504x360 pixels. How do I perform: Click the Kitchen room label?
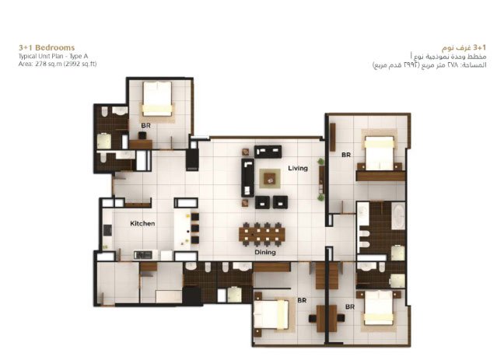pos(142,223)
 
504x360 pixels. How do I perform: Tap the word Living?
pos(298,168)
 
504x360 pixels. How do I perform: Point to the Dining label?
pos(265,253)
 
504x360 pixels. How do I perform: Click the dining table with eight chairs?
pos(262,234)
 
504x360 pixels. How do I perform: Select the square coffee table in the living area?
pos(270,178)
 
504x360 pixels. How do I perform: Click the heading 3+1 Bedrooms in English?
pos(47,48)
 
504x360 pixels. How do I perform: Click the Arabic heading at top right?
pos(464,48)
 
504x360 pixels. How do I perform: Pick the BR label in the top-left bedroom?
pos(145,125)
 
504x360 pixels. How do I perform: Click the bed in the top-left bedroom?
pos(157,99)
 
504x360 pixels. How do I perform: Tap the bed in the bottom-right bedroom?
pos(379,308)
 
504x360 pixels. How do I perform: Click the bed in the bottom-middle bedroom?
pos(271,314)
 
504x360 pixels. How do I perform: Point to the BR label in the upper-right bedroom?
pos(346,155)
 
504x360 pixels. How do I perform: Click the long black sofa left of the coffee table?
pos(247,177)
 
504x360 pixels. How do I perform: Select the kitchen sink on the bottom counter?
pos(143,255)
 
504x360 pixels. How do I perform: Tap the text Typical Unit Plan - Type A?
pos(53,56)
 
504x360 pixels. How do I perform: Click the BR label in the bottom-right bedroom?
pos(350,307)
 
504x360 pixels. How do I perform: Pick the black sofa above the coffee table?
pos(268,152)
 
